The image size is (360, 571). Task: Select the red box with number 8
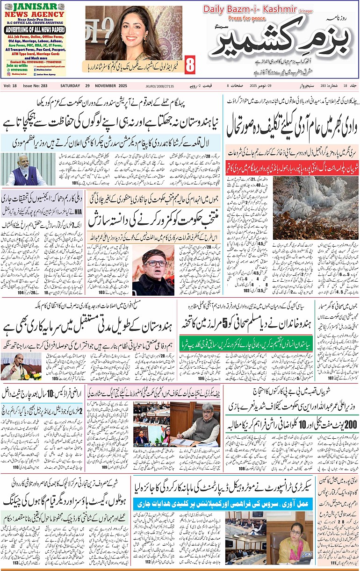(190, 65)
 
